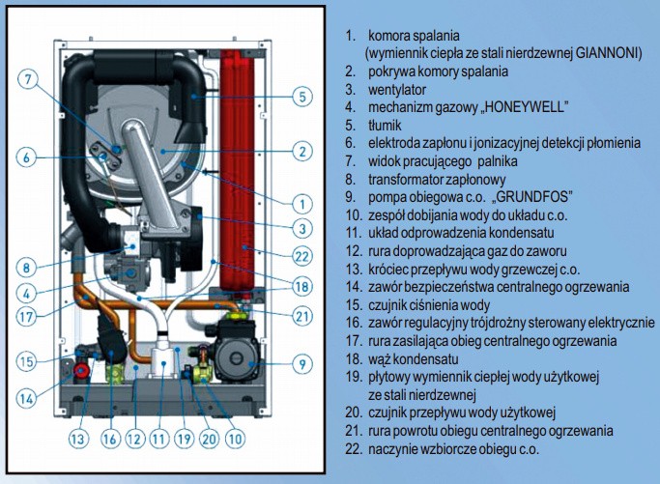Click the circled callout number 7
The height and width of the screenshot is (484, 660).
(28, 79)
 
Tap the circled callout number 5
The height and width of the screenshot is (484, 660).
(302, 97)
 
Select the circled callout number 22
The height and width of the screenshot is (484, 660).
(302, 256)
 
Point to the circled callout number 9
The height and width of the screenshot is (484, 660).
(302, 364)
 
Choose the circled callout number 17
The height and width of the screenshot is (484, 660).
(28, 313)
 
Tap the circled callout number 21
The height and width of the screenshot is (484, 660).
(302, 314)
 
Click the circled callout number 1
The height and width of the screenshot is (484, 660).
(302, 204)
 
